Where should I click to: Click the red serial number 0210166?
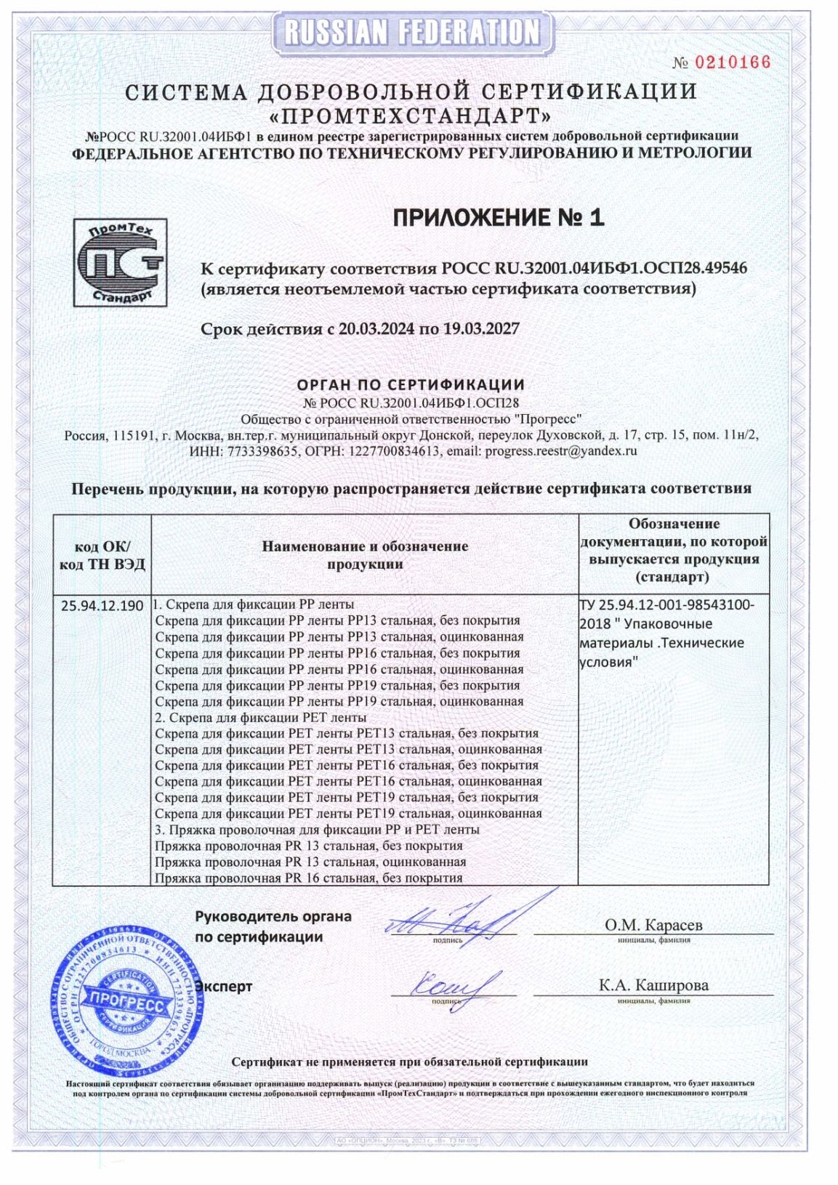click(x=732, y=62)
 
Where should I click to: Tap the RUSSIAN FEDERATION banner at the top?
click(x=411, y=32)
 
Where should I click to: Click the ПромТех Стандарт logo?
click(x=120, y=262)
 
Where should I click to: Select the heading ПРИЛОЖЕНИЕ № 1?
click(x=498, y=217)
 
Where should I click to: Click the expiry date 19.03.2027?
click(x=480, y=328)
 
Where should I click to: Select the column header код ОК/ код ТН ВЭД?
click(x=102, y=555)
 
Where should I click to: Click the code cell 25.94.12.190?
click(x=102, y=605)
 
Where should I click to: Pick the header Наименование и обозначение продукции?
click(x=365, y=555)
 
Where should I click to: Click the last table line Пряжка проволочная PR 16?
click(x=309, y=878)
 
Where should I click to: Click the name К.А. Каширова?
click(x=653, y=985)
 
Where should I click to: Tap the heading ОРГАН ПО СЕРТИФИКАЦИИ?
click(x=411, y=384)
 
